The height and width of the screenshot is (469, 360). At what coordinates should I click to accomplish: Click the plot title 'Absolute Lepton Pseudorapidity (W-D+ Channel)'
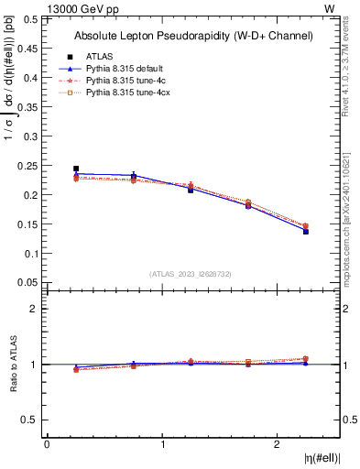[192, 36]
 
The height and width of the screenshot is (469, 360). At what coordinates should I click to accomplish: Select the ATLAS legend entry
[99, 57]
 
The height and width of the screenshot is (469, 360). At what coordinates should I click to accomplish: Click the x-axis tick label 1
[162, 444]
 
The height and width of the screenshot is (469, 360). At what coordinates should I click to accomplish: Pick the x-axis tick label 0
[47, 444]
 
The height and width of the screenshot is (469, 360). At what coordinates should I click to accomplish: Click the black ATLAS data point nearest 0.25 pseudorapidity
[76, 169]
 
